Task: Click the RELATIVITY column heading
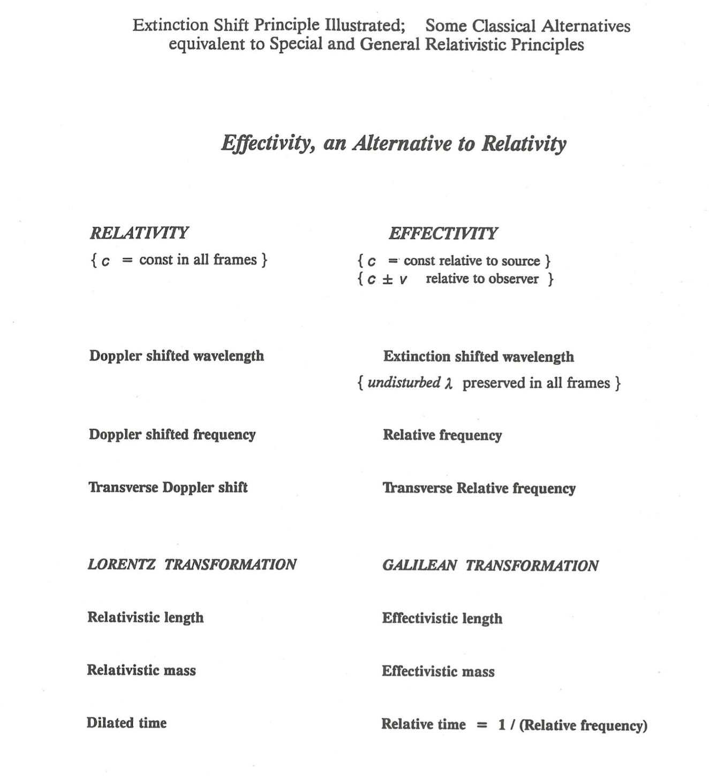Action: click(139, 233)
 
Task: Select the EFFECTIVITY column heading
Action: click(443, 234)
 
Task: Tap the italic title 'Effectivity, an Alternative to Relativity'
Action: click(394, 143)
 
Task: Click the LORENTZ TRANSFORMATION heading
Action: click(192, 565)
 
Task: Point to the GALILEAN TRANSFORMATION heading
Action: click(490, 566)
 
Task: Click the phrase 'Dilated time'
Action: click(126, 723)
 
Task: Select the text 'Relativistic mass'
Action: click(141, 670)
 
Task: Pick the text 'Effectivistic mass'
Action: click(438, 671)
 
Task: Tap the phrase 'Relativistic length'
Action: click(145, 618)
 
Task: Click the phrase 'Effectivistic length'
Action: click(442, 619)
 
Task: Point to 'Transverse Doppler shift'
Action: click(168, 487)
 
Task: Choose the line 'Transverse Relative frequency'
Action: click(479, 489)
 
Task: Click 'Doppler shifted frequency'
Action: click(172, 434)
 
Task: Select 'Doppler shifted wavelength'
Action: click(176, 356)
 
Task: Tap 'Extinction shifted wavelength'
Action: click(478, 357)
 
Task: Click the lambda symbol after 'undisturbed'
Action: click(449, 384)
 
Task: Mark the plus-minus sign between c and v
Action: click(388, 279)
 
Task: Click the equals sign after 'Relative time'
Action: click(482, 725)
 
